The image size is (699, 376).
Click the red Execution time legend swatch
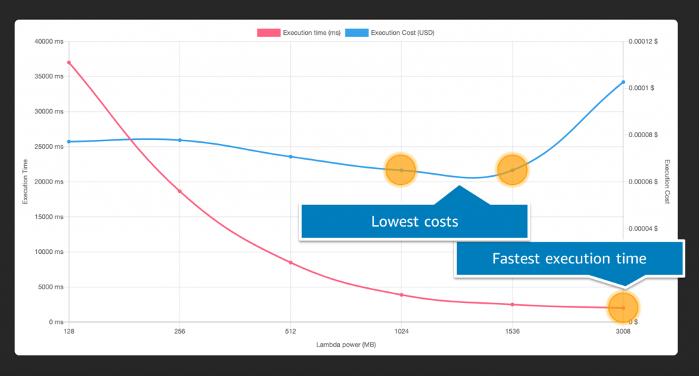click(268, 32)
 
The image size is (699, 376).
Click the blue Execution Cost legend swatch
click(356, 32)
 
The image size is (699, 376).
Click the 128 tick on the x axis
click(68, 332)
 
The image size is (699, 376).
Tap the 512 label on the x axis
click(291, 332)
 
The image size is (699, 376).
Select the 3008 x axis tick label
click(623, 332)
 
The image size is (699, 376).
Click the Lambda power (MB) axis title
click(345, 345)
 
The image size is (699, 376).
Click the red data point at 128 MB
click(69, 63)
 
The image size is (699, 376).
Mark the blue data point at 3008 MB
click(623, 82)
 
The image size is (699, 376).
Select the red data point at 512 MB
click(291, 263)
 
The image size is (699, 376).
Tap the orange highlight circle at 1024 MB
click(401, 171)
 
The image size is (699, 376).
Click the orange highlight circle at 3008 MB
click(623, 308)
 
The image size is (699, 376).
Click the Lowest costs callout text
click(414, 222)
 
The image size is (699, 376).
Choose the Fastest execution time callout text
click(569, 259)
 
